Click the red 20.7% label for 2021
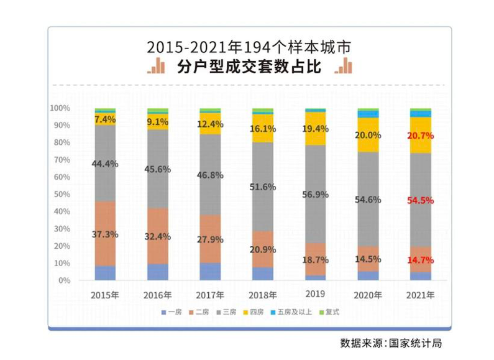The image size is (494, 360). pyautogui.click(x=421, y=136)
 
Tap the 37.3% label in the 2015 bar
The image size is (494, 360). pyautogui.click(x=106, y=234)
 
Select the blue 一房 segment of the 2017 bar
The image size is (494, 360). pyautogui.click(x=211, y=272)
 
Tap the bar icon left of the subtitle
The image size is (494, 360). pyautogui.click(x=156, y=67)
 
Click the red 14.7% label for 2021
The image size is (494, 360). pyautogui.click(x=421, y=261)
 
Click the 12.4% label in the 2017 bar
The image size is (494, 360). pyautogui.click(x=211, y=124)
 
